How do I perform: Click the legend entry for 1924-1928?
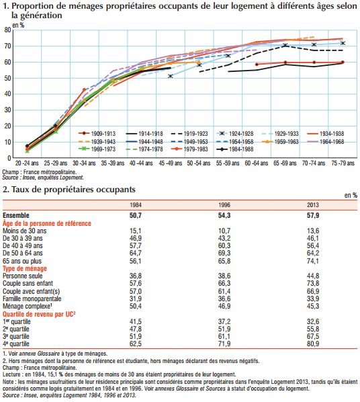(235, 134)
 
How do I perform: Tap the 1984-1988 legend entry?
(235, 149)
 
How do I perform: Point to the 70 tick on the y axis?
(7, 46)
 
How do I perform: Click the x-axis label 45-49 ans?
(171, 163)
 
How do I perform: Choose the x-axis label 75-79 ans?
(343, 163)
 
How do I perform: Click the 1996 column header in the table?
(224, 205)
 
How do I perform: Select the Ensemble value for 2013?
(313, 215)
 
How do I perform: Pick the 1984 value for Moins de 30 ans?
(135, 231)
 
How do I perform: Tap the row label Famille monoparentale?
(32, 298)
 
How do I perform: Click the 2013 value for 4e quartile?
(313, 344)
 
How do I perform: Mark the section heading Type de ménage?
(25, 268)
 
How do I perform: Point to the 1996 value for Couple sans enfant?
(224, 283)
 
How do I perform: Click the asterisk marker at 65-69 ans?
(285, 46)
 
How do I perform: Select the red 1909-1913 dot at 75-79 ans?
(343, 62)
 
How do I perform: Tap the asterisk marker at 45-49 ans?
(170, 76)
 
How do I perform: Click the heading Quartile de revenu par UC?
(39, 314)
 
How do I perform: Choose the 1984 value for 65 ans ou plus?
(135, 261)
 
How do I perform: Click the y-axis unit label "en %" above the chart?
(18, 25)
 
